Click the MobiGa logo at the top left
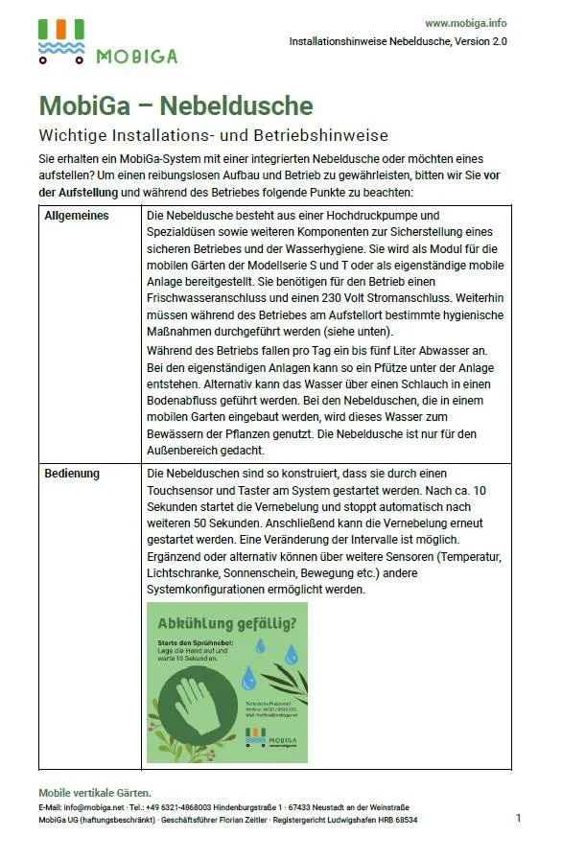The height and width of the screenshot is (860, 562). (106, 43)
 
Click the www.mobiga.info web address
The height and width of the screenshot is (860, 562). (465, 23)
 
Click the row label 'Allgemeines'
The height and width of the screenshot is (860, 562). (77, 216)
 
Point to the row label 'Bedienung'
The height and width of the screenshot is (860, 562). (72, 474)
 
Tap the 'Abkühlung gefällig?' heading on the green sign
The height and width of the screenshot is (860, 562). (226, 622)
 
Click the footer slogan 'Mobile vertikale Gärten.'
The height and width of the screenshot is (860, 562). (94, 793)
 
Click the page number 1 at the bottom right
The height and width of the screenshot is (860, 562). (518, 818)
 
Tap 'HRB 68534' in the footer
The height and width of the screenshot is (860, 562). (395, 820)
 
